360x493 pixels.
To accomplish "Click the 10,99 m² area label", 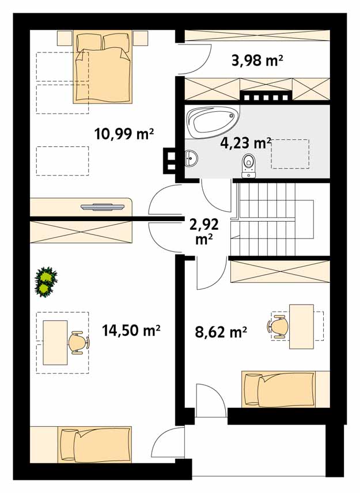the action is coord(124,134).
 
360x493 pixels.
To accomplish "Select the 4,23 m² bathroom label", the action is coord(245,143).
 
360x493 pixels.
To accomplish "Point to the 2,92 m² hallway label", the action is coord(204,232).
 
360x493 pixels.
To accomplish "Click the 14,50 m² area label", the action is coord(131,331).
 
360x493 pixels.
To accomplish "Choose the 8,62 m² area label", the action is coord(221,332).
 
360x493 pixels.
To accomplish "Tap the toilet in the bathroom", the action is coord(249,166).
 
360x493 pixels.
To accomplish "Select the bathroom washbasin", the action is coord(191,158).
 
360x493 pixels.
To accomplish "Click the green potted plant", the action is coord(46,282).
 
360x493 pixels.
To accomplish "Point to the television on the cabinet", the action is coord(103,207).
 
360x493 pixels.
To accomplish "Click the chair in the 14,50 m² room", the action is coord(79,343).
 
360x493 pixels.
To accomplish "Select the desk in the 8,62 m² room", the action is coord(301,327).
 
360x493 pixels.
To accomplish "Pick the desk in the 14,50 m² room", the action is coord(55,343).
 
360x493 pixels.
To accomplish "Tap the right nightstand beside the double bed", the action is coord(140,38).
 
